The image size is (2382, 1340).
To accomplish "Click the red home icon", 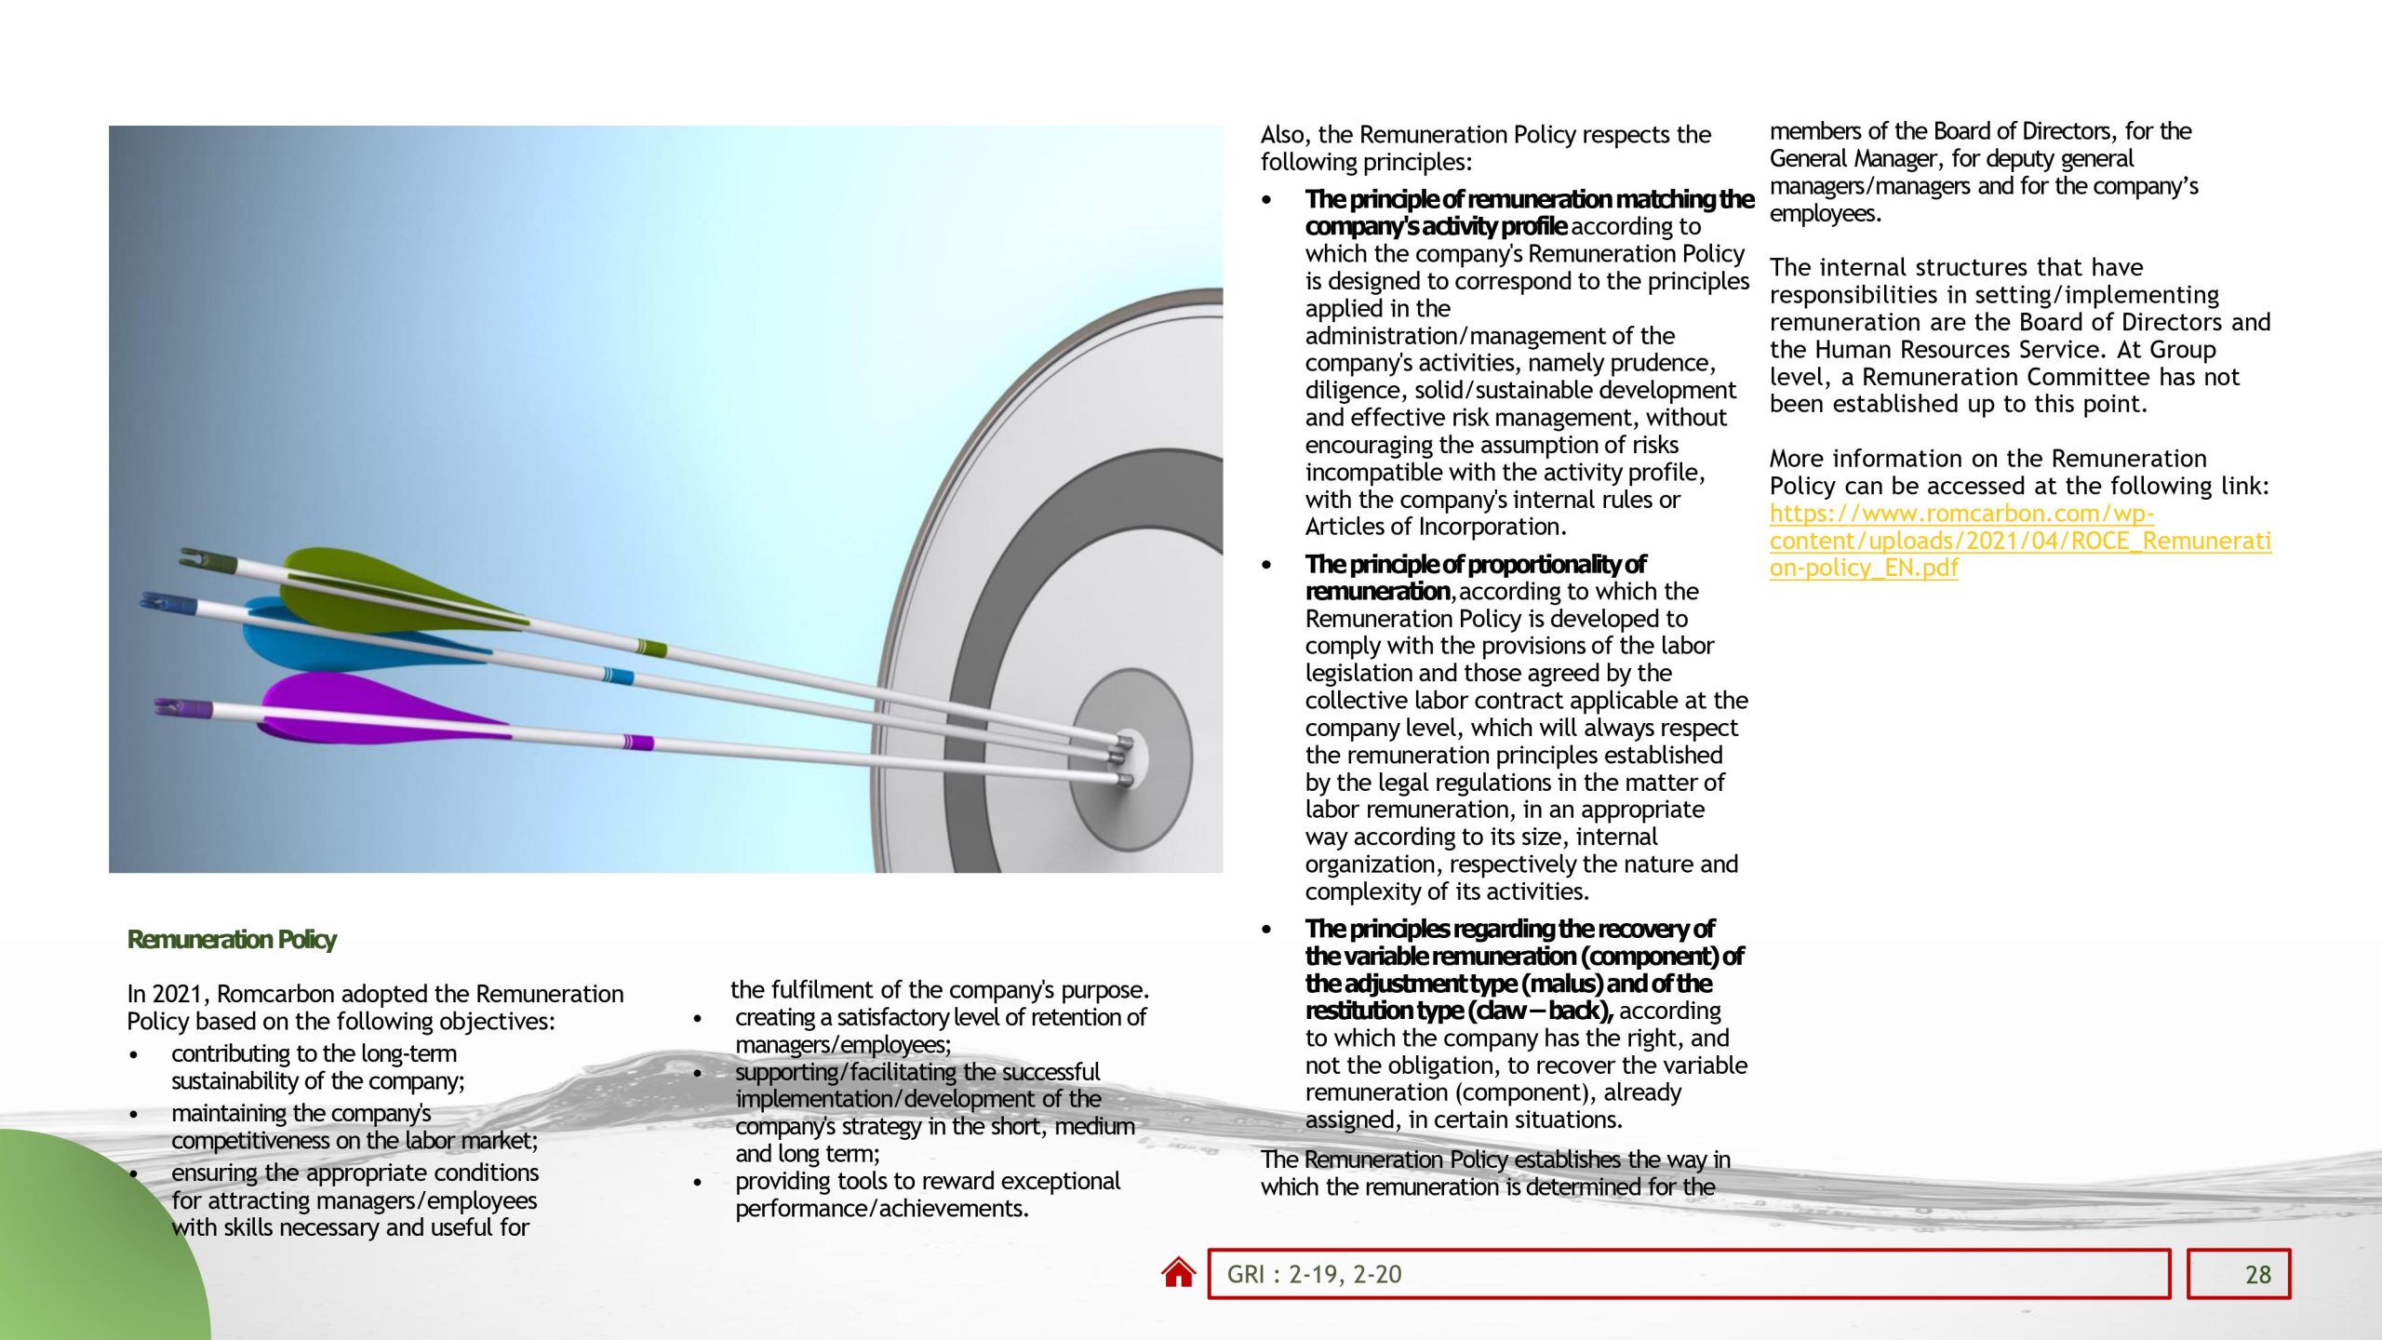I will tap(1178, 1272).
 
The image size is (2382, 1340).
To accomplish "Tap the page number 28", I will tap(2257, 1274).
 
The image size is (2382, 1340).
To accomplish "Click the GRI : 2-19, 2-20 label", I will tap(1314, 1274).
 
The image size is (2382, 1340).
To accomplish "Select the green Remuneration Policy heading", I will tap(232, 939).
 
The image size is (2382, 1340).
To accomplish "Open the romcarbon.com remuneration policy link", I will tap(2019, 541).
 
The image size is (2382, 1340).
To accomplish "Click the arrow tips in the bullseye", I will tap(1124, 758).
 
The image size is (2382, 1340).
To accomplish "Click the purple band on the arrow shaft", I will tap(638, 742).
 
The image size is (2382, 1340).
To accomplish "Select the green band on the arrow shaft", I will tap(651, 648).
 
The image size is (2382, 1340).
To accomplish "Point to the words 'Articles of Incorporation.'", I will tap(1436, 527).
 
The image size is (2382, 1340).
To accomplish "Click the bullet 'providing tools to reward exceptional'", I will tap(927, 1181).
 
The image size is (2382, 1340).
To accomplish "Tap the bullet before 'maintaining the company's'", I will tap(135, 1114).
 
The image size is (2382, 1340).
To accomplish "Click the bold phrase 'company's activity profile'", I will tap(1436, 226).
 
